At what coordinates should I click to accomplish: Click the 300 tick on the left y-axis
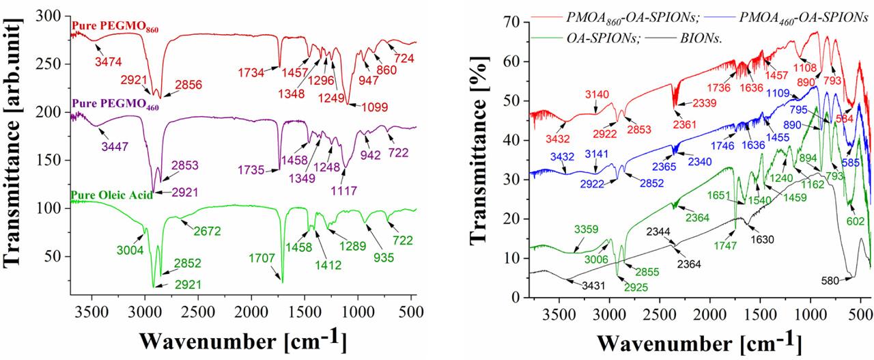tap(50, 15)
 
